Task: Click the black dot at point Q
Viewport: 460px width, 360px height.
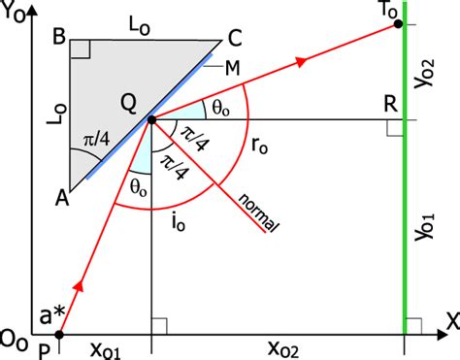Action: [x=151, y=119]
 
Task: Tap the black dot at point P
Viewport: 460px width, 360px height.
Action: [x=58, y=335]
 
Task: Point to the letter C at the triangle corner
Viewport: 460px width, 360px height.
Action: [x=233, y=41]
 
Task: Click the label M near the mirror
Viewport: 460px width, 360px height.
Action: [x=232, y=68]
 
